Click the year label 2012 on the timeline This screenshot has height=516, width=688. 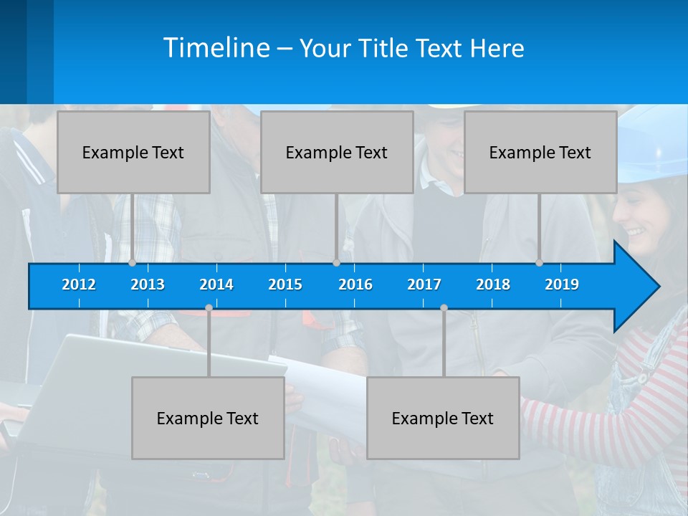pyautogui.click(x=79, y=285)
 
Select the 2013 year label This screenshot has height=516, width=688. pyautogui.click(x=148, y=285)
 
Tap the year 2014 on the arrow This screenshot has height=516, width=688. pyautogui.click(x=216, y=285)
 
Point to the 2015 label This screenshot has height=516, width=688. pyautogui.click(x=285, y=285)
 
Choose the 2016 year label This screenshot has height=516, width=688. pyautogui.click(x=355, y=285)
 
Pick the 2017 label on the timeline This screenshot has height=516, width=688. pyautogui.click(x=424, y=285)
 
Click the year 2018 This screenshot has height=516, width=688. pyautogui.click(x=493, y=285)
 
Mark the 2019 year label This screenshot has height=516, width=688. pyautogui.click(x=562, y=285)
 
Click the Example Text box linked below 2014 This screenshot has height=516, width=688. pyautogui.click(x=208, y=418)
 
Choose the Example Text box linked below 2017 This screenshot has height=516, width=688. pyautogui.click(x=443, y=418)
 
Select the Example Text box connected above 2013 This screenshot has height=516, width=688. pyautogui.click(x=133, y=152)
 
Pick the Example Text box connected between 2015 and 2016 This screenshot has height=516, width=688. pyautogui.click(x=337, y=152)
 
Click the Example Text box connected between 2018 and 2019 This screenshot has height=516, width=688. pyautogui.click(x=540, y=152)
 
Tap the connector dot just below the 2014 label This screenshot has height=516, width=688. pyautogui.click(x=209, y=307)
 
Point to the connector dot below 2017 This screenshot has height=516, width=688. pyautogui.click(x=444, y=307)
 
